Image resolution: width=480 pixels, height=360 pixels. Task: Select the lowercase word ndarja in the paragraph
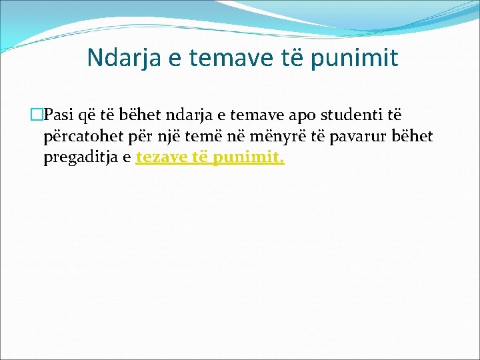tap(196, 115)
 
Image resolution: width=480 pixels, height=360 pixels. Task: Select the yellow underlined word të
tap(200, 159)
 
